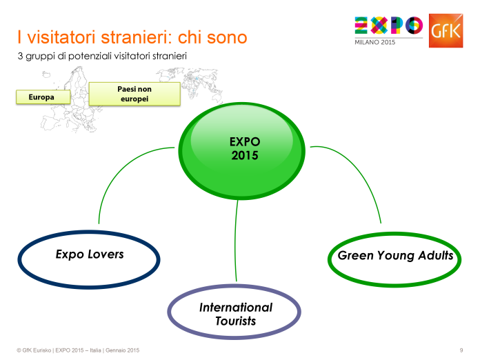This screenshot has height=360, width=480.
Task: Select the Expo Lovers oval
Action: pyautogui.click(x=89, y=255)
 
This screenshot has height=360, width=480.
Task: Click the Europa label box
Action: pyautogui.click(x=41, y=97)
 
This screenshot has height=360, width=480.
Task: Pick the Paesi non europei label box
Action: pyautogui.click(x=134, y=94)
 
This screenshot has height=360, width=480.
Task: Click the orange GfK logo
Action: pyautogui.click(x=445, y=30)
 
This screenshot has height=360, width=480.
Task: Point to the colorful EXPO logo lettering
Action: pyautogui.click(x=388, y=26)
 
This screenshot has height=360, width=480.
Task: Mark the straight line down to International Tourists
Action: pyautogui.click(x=237, y=241)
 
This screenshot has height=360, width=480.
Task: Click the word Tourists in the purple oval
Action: pyautogui.click(x=236, y=321)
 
